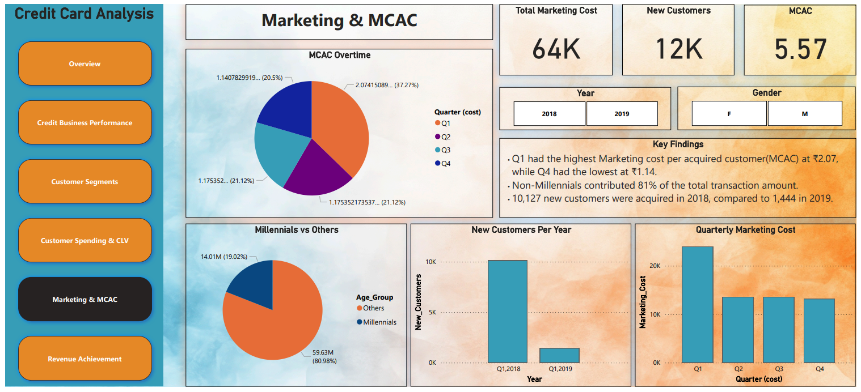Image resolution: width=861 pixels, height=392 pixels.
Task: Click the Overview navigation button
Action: [x=85, y=63]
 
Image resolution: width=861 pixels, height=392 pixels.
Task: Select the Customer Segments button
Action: [x=85, y=181]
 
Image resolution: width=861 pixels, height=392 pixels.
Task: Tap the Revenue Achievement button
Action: [x=85, y=359]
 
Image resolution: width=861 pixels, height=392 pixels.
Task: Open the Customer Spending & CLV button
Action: [x=85, y=240]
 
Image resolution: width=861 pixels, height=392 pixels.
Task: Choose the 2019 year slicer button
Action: [x=622, y=113]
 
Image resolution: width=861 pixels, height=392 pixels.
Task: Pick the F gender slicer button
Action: [x=729, y=113]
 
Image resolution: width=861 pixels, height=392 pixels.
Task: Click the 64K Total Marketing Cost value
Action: [x=556, y=49]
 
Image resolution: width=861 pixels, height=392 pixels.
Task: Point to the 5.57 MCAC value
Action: [x=800, y=49]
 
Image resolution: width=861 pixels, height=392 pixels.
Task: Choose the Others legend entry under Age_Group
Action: [x=373, y=308]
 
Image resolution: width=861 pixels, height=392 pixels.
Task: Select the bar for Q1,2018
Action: [x=508, y=311]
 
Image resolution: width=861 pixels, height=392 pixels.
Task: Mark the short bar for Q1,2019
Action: [x=559, y=355]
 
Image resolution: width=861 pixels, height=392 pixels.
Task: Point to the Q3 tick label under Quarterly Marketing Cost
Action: [x=779, y=369]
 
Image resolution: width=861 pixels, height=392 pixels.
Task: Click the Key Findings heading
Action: [x=678, y=144]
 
